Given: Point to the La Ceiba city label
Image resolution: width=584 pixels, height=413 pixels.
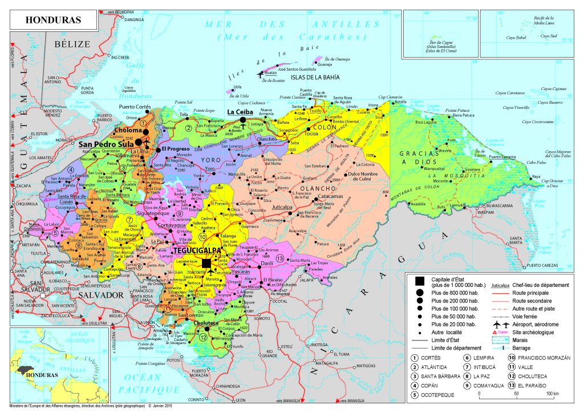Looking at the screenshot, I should point(239,112).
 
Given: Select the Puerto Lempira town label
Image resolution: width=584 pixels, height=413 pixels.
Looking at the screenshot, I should point(502,156).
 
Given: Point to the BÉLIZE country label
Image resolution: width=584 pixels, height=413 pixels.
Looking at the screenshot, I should point(72,44).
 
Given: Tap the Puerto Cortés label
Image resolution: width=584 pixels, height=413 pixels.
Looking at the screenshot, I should point(134,107).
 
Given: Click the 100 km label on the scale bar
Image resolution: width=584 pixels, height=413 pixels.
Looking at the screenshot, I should point(552,394).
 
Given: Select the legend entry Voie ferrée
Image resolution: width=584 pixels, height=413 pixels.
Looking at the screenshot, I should point(526,315).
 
